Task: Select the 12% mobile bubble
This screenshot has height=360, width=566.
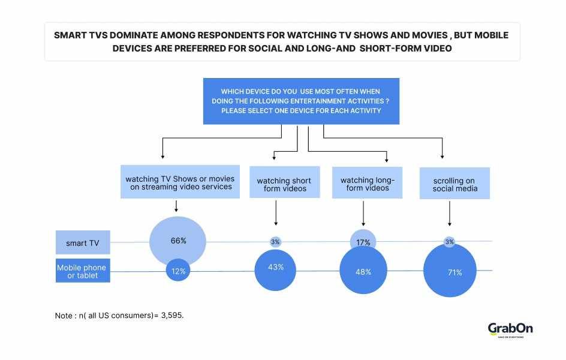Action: pyautogui.click(x=178, y=272)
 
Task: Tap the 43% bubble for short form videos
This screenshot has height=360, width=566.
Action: pyautogui.click(x=275, y=268)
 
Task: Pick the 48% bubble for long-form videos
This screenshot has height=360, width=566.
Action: pyautogui.click(x=363, y=271)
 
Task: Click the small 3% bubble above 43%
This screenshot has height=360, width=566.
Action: pyautogui.click(x=275, y=242)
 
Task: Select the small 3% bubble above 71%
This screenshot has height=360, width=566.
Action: pyautogui.click(x=450, y=242)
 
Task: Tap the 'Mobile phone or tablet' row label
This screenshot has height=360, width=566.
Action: pyautogui.click(x=82, y=271)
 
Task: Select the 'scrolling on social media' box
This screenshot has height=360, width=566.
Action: pyautogui.click(x=454, y=184)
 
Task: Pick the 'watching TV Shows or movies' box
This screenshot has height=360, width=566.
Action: pyautogui.click(x=180, y=182)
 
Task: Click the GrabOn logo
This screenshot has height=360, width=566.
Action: pyautogui.click(x=510, y=329)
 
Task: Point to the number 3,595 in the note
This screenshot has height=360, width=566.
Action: pyautogui.click(x=171, y=315)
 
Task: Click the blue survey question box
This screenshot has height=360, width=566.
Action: pyautogui.click(x=301, y=101)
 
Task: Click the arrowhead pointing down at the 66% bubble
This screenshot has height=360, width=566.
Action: pyautogui.click(x=176, y=211)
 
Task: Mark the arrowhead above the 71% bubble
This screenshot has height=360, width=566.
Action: pyautogui.click(x=450, y=224)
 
